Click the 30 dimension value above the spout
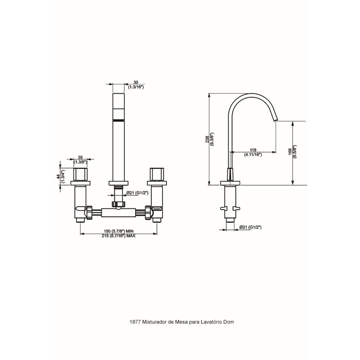pos(136,82)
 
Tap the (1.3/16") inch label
pos(136,87)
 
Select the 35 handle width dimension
pos(80,157)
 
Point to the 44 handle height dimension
pos(58,176)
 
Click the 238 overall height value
pos(207,139)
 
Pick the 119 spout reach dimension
pos(253,150)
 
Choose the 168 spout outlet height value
pos(290,152)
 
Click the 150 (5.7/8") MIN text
pos(118,231)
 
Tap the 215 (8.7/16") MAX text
pos(118,236)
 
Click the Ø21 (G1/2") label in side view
pos(251,227)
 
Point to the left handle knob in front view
pos(80,174)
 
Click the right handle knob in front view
pos(157,174)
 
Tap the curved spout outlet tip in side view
pos(275,120)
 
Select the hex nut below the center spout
pos(118,204)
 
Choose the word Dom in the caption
pos(229,322)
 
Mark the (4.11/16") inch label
pos(253,155)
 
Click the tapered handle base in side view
pos(230,174)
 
